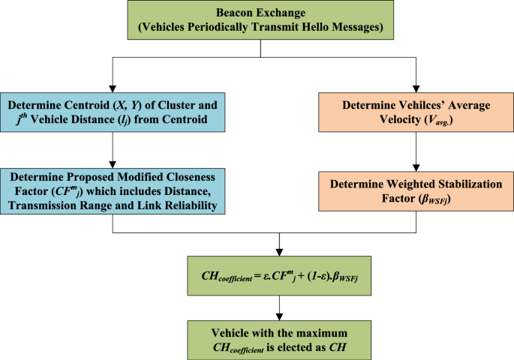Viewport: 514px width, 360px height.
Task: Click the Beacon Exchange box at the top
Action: click(260, 21)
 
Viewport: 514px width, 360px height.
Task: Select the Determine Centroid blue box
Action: click(111, 109)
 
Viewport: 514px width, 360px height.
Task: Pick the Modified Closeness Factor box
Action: click(111, 191)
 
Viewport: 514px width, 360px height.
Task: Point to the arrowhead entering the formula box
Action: click(278, 250)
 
